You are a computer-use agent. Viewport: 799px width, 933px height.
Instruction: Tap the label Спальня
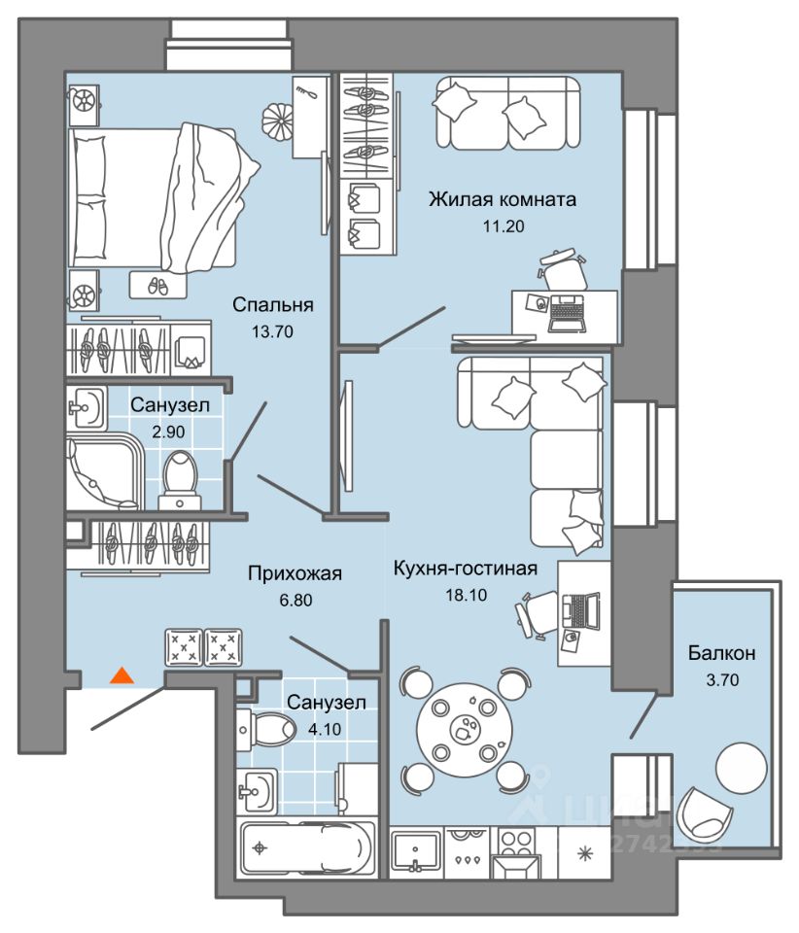(272, 305)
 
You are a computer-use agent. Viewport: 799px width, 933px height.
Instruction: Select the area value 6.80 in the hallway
(295, 600)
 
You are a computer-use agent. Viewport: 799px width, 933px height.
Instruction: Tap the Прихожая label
(295, 573)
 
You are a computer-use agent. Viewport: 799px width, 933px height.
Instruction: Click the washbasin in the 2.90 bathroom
(87, 403)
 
